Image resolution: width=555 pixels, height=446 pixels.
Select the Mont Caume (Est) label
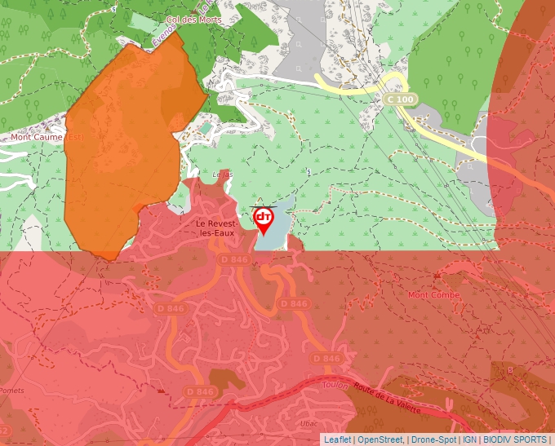[47, 137]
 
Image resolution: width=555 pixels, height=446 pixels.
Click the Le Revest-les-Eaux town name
[216, 228]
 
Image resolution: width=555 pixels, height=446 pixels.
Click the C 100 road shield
[401, 99]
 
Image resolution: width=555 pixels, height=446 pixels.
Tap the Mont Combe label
[434, 295]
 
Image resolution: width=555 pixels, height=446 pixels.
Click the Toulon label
[335, 386]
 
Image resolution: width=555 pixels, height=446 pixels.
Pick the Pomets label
[11, 391]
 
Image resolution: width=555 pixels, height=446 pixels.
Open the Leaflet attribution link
[337, 439]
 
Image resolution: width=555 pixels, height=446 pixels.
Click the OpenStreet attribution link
[380, 439]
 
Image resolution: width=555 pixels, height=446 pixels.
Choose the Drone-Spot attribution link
[433, 439]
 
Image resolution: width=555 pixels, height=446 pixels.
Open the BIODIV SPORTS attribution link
[516, 439]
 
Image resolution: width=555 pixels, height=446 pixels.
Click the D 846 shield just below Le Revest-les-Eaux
[233, 259]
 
